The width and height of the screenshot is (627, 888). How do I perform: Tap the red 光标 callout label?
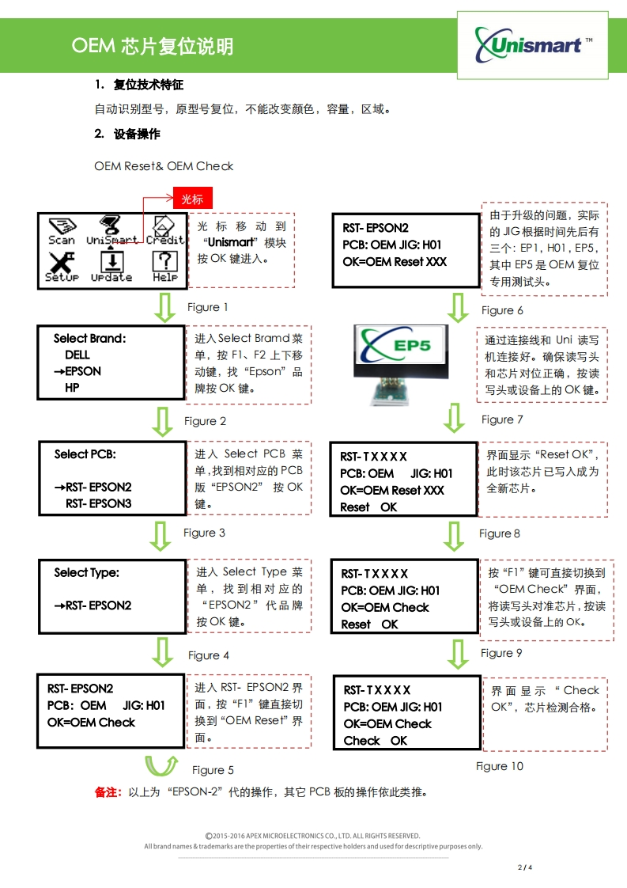(193, 199)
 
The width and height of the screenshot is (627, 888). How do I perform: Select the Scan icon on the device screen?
(62, 230)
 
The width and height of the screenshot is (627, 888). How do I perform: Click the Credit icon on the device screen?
(164, 230)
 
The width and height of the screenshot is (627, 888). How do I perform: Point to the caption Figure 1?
(208, 307)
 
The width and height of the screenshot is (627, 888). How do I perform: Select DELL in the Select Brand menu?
(77, 355)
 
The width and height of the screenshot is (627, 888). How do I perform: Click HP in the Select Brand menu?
(72, 388)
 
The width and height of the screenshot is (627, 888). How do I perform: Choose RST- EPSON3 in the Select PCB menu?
(99, 503)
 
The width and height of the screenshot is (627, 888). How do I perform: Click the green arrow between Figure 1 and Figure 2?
(164, 308)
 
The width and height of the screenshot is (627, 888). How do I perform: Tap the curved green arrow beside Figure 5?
(162, 766)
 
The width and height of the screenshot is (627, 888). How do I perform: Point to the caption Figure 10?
(499, 766)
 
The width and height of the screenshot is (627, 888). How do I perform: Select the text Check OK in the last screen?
(375, 741)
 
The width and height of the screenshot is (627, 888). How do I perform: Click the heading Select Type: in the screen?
(86, 572)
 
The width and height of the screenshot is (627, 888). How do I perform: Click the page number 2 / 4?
(525, 867)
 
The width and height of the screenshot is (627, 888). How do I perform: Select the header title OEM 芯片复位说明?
(153, 47)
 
